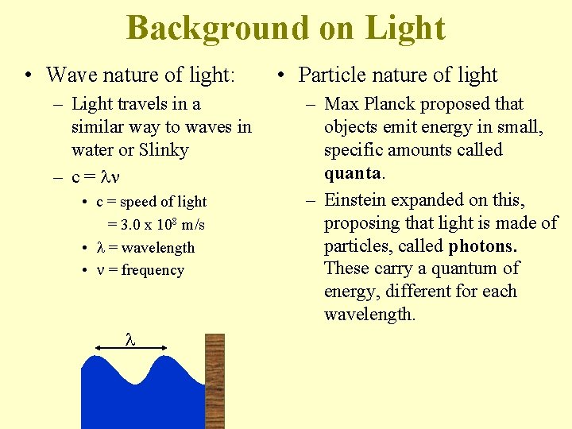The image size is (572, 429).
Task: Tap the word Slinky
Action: (x=162, y=149)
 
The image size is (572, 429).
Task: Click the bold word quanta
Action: (x=354, y=172)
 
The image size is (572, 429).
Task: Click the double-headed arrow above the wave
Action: (x=130, y=346)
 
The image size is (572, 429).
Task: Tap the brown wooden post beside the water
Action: (x=214, y=381)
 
